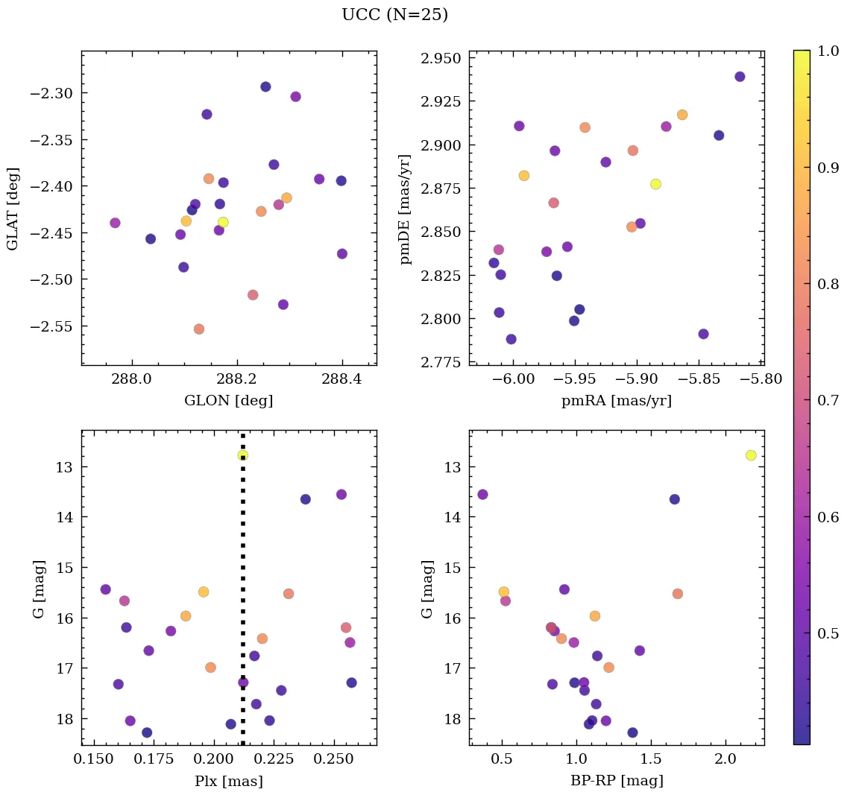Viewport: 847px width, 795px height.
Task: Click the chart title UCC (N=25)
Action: tap(394, 15)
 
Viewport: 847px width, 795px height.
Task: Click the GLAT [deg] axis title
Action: tap(13, 209)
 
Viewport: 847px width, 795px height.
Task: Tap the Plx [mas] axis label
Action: tap(229, 781)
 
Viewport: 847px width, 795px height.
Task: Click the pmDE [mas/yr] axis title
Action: tap(406, 209)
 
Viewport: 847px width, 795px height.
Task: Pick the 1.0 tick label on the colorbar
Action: tap(828, 51)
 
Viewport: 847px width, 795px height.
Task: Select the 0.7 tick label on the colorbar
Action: tap(828, 401)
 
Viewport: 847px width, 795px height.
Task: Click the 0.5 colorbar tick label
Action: tap(828, 633)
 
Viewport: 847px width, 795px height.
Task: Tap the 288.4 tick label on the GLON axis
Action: tap(342, 379)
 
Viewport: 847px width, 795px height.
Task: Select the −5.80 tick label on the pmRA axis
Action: tap(761, 379)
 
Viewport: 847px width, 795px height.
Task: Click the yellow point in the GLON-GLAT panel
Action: tap(223, 222)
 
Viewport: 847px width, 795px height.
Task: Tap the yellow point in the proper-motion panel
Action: tap(655, 184)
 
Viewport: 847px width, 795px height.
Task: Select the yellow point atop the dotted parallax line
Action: tap(242, 455)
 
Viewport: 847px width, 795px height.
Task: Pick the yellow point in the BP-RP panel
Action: tap(751, 455)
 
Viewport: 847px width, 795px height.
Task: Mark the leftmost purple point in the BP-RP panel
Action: tap(482, 495)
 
